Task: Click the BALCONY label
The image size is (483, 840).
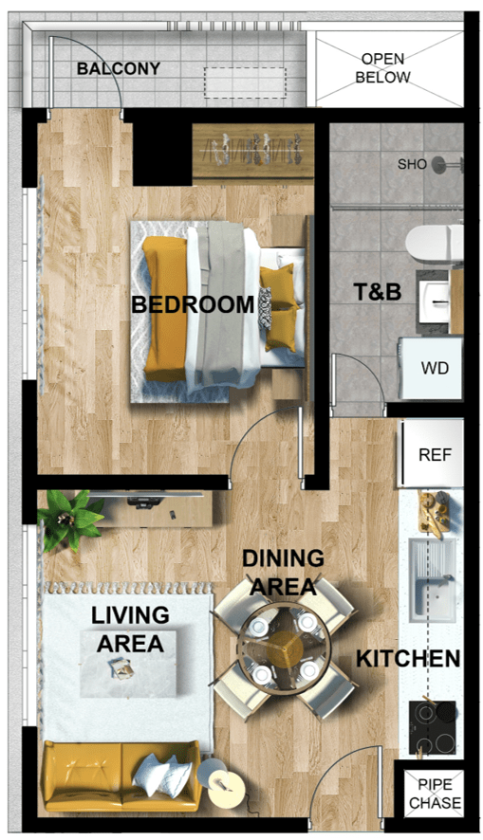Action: click(119, 68)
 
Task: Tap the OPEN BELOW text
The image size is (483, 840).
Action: click(382, 68)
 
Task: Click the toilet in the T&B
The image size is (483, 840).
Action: click(435, 244)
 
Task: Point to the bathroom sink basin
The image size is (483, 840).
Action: click(434, 302)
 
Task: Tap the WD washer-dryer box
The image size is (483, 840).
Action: click(431, 368)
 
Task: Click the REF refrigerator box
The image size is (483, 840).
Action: click(431, 454)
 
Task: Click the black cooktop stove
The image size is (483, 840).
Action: click(433, 727)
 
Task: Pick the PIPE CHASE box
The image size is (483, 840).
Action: click(434, 794)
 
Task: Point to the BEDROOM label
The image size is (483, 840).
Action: click(193, 304)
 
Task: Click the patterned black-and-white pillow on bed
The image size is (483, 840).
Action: click(265, 308)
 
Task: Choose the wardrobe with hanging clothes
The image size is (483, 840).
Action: click(253, 151)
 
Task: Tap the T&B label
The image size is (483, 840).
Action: click(378, 292)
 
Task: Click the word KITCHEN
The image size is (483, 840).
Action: click(408, 659)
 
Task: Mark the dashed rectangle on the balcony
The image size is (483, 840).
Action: click(245, 82)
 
